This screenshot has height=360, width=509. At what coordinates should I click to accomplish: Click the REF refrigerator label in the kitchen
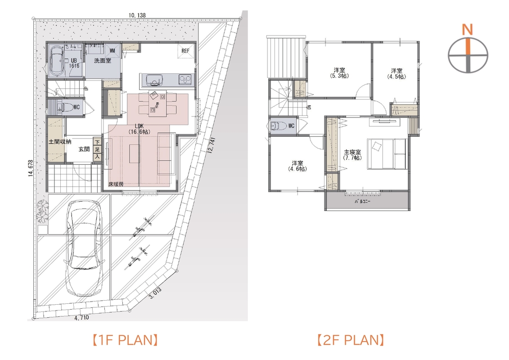185,51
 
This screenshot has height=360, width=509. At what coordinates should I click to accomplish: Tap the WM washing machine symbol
113,51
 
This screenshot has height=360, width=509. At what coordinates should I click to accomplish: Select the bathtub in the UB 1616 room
57,60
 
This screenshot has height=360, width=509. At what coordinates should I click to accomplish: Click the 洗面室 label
103,61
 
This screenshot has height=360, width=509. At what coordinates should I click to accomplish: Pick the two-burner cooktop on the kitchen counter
185,79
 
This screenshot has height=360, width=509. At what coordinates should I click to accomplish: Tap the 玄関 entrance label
84,149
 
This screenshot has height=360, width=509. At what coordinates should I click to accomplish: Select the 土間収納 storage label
60,142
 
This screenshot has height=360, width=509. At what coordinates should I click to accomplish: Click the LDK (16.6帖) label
139,129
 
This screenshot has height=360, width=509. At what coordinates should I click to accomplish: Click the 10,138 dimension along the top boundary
137,15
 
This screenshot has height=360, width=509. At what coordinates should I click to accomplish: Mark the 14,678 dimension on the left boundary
31,169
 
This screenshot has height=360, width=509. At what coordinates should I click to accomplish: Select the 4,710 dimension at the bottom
81,318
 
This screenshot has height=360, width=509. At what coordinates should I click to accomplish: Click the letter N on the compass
468,30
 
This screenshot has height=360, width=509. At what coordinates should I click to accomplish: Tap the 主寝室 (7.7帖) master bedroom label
352,155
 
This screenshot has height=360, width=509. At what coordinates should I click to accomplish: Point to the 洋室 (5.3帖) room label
339,73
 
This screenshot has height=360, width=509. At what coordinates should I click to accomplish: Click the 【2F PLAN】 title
351,340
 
